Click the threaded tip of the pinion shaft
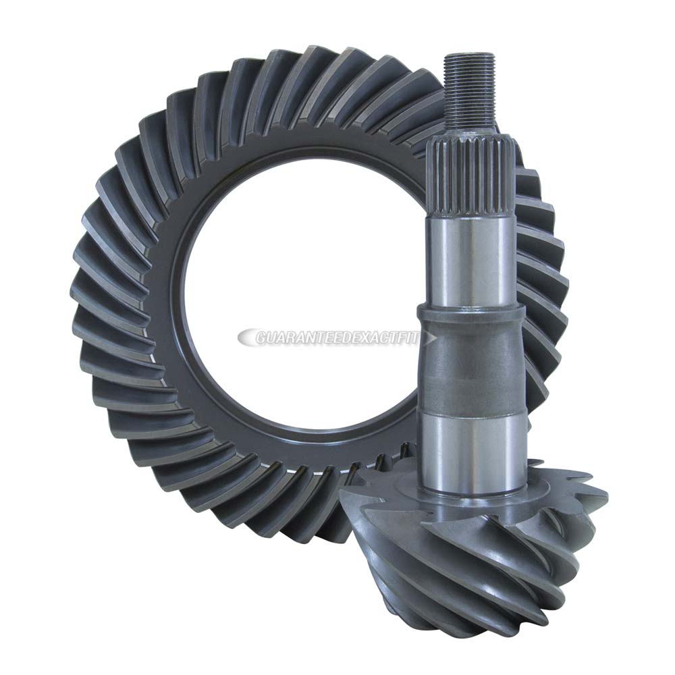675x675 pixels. pyautogui.click(x=470, y=88)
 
